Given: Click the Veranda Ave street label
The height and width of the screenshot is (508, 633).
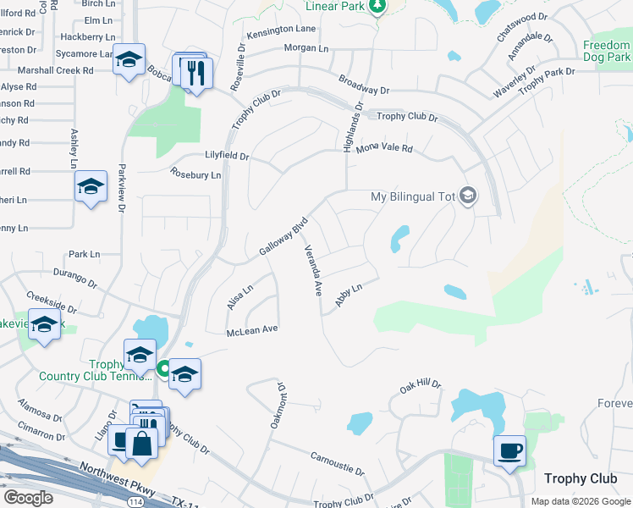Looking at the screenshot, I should (312, 271).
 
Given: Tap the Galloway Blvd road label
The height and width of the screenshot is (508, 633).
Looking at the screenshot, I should (282, 237).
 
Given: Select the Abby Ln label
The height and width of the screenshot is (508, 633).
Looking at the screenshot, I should (349, 297).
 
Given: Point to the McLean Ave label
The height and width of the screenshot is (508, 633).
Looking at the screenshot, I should (252, 329).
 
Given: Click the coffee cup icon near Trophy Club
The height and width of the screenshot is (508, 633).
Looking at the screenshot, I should (509, 450).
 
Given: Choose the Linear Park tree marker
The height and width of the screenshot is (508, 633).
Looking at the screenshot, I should (377, 6).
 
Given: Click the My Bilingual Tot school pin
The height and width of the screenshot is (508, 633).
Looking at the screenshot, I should (468, 196).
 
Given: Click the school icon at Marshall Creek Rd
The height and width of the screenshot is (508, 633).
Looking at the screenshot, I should (129, 59).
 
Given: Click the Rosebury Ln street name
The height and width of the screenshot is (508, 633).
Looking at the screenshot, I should (195, 175).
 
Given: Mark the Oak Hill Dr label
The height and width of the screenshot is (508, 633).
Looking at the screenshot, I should (421, 386).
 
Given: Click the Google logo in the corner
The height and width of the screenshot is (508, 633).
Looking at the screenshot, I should (27, 497).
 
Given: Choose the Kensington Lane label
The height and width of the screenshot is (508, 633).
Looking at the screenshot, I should (281, 31).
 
